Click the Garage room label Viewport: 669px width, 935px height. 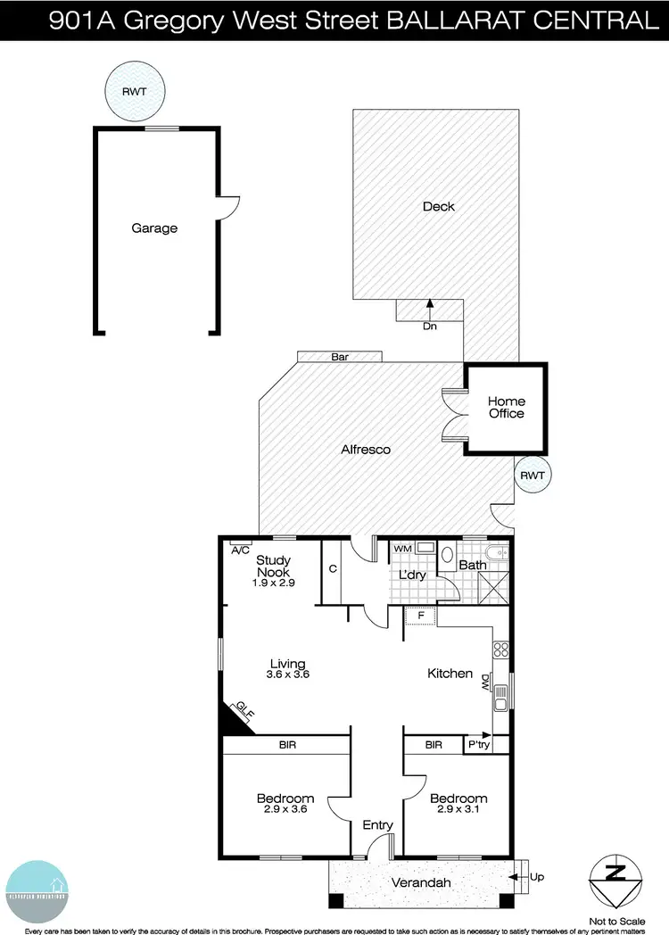pyautogui.click(x=154, y=228)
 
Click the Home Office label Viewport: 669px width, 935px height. pyautogui.click(x=506, y=408)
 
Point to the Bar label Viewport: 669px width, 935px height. pyautogui.click(x=339, y=357)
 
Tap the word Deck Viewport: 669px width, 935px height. pyautogui.click(x=438, y=206)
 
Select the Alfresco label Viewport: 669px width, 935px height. pyautogui.click(x=366, y=450)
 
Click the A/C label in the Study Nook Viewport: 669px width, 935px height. pyautogui.click(x=240, y=550)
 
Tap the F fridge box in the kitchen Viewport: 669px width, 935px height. pyautogui.click(x=419, y=616)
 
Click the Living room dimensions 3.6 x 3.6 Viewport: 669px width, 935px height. pyautogui.click(x=288, y=675)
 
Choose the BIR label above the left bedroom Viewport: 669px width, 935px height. pyautogui.click(x=287, y=744)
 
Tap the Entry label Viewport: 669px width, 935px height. pyautogui.click(x=377, y=825)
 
